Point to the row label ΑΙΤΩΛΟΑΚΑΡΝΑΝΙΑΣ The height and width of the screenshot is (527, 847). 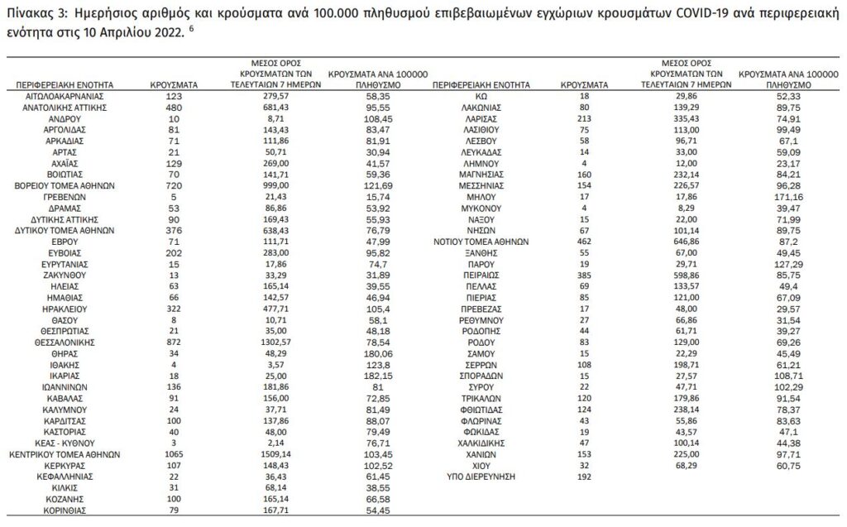[64, 96]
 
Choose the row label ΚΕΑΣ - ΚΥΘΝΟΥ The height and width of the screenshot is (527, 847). [64, 443]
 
